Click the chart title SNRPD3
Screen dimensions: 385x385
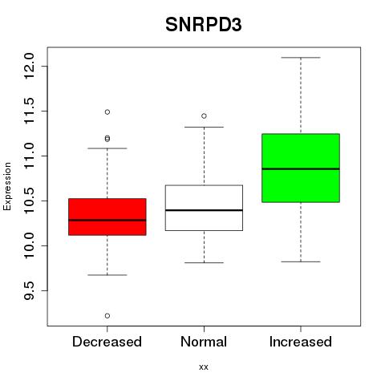(x=204, y=25)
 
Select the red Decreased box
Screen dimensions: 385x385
(x=107, y=217)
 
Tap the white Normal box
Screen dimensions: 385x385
(x=204, y=208)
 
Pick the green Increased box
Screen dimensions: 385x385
(x=301, y=168)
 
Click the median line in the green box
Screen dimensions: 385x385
(x=301, y=169)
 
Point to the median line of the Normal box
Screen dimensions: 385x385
(x=204, y=210)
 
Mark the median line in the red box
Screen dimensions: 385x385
(x=107, y=220)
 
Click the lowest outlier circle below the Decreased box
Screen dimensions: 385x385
(x=107, y=316)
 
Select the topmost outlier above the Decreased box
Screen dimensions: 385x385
(x=107, y=112)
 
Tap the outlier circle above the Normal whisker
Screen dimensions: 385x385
(x=204, y=116)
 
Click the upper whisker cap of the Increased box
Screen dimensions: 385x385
(x=301, y=58)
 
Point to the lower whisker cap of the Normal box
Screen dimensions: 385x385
(x=204, y=262)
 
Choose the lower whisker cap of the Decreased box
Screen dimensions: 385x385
(x=107, y=275)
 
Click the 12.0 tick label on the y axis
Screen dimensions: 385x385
(x=29, y=66)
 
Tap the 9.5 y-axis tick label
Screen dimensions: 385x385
(x=29, y=290)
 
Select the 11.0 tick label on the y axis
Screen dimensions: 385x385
(x=29, y=156)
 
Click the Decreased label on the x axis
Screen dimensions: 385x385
(x=107, y=342)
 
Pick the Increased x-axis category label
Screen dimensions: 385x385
(x=301, y=342)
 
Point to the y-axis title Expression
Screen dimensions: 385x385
(x=7, y=186)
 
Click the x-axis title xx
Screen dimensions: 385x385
(x=204, y=367)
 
